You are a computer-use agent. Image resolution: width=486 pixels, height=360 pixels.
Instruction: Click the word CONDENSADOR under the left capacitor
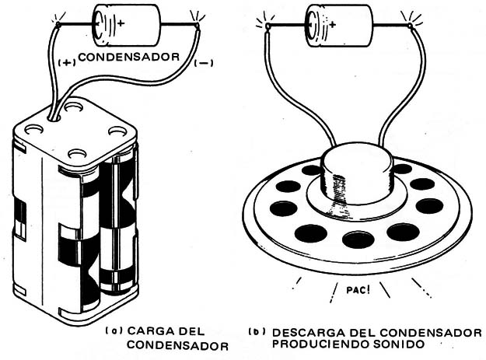coord(129,58)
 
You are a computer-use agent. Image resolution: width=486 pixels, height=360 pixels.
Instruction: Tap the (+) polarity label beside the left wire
coord(67,62)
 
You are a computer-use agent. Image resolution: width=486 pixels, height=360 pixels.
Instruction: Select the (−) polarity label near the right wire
coord(204,63)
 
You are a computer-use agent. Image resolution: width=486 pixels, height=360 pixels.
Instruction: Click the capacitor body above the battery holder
coord(126,25)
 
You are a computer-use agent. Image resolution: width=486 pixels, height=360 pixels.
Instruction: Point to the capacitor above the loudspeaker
coord(339,26)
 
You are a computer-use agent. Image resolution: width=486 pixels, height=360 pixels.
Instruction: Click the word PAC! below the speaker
coord(358,290)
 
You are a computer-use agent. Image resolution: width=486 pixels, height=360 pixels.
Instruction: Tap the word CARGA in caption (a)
coord(148,331)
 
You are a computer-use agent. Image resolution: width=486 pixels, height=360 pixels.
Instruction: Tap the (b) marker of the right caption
coord(257,332)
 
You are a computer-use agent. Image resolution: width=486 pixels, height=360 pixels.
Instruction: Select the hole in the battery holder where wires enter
coord(54,117)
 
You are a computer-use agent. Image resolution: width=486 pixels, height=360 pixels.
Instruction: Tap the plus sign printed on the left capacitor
coord(121,23)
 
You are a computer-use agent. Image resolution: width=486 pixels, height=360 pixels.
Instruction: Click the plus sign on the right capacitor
coord(333,24)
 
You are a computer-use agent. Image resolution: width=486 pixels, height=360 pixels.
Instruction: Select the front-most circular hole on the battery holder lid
coord(77,152)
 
